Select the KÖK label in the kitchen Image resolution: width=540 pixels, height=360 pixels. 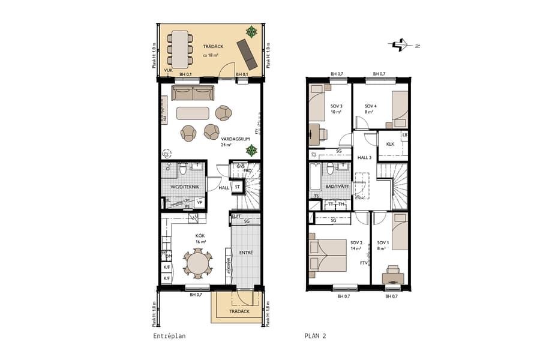[200, 236]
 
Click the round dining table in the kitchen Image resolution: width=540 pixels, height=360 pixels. [198, 263]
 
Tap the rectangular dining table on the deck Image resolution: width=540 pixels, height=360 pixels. [178, 49]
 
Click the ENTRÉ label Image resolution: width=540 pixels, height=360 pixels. [246, 253]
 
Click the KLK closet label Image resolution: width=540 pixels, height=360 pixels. [390, 144]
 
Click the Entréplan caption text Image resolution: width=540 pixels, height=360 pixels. [169, 337]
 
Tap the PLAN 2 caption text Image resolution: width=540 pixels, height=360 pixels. [315, 337]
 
